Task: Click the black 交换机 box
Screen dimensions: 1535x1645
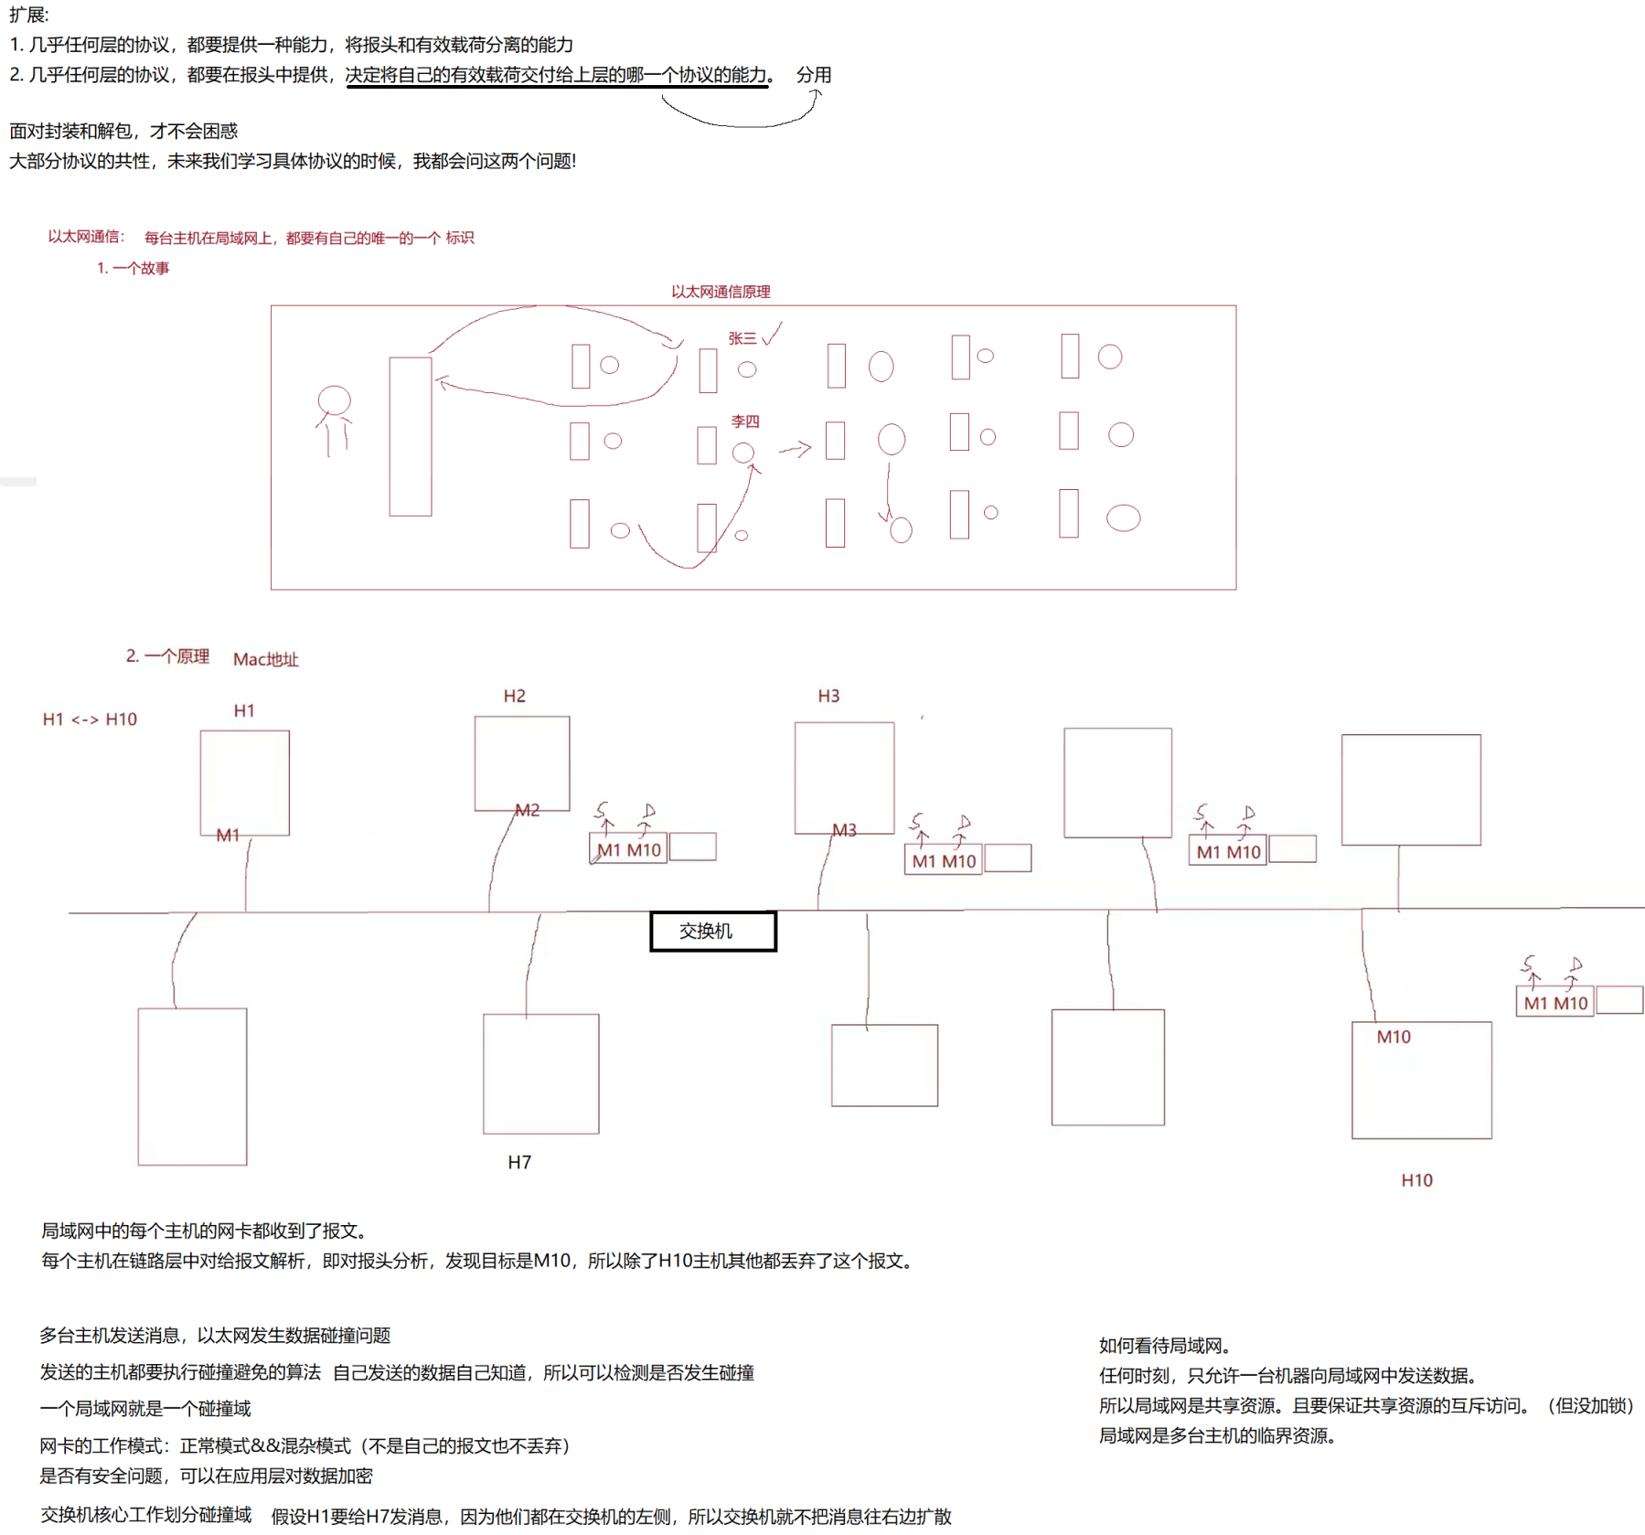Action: (713, 931)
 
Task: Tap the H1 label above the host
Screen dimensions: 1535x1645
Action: (244, 710)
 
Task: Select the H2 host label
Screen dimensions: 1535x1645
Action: (515, 696)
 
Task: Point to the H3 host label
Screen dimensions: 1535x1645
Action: (828, 696)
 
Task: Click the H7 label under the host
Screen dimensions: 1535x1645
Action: (519, 1162)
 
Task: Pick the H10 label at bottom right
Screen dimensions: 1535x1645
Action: (1416, 1180)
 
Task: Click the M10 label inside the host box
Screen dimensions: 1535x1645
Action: (1394, 1037)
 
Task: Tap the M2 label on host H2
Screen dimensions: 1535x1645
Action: (527, 810)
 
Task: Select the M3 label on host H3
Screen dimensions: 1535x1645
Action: (844, 830)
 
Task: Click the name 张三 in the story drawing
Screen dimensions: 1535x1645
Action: (742, 338)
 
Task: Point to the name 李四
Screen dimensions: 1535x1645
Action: (745, 421)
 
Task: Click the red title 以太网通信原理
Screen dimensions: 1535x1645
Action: (721, 292)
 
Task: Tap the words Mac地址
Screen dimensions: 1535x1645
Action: (265, 659)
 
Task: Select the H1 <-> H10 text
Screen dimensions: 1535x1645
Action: (90, 720)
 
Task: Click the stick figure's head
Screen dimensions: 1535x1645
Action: (334, 400)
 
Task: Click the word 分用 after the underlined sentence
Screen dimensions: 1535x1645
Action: (813, 75)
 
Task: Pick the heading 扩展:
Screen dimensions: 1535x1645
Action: (29, 15)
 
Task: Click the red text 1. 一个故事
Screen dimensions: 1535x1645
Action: (134, 268)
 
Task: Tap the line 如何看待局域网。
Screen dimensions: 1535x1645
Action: (1164, 1346)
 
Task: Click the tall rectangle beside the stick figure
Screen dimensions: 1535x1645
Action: (411, 436)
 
